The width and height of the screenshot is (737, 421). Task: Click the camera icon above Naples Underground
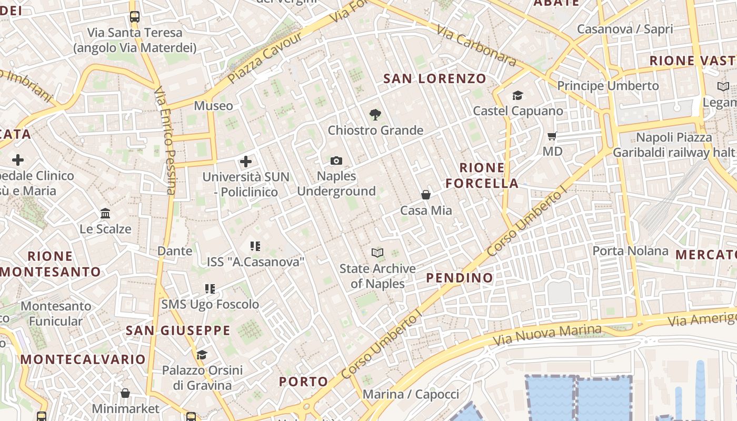coord(336,161)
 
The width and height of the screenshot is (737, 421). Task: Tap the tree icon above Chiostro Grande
coord(375,114)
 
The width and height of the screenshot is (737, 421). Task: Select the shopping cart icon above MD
coord(552,136)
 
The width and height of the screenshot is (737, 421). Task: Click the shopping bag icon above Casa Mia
coord(426,195)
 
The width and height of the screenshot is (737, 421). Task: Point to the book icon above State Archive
coord(377,253)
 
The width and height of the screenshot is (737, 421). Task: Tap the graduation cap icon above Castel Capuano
coord(518,95)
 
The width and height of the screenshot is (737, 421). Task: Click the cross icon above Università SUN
coord(246,161)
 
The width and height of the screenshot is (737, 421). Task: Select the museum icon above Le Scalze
coord(105,213)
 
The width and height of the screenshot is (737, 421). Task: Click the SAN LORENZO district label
coord(435,79)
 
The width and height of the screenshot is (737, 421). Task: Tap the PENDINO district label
coord(460,278)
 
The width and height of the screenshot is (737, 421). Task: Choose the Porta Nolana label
coord(630,250)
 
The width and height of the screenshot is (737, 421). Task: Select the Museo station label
coord(213,106)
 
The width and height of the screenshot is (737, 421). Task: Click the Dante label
coord(175,251)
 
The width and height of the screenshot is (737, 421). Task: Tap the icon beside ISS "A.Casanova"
coord(255,246)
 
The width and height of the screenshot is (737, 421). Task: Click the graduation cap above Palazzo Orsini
coord(202,355)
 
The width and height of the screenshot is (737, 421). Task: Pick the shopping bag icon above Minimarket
coord(125,393)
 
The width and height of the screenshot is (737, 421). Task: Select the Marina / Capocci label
coord(411,394)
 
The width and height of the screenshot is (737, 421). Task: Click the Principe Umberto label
coord(608,85)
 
